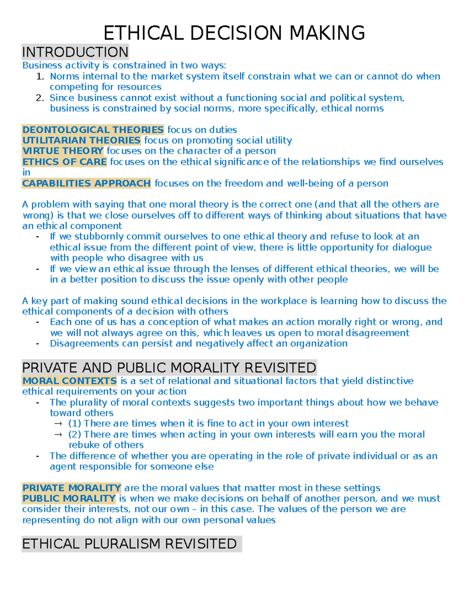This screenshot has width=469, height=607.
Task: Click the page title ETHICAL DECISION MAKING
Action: [234, 33]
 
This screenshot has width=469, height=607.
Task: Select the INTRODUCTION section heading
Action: [75, 52]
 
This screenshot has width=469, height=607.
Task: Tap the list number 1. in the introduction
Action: [40, 76]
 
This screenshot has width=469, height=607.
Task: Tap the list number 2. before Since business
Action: [40, 98]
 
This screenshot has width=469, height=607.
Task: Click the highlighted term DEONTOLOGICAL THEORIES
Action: [93, 130]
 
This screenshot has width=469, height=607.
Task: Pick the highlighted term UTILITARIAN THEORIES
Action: [81, 140]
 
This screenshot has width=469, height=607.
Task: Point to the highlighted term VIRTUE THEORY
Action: [63, 151]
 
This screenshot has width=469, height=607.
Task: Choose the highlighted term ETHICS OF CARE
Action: [64, 162]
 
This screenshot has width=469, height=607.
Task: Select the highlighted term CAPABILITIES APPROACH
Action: [86, 183]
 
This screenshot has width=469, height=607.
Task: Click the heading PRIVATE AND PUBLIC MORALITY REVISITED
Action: [169, 368]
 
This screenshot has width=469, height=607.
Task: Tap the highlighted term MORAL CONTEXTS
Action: [70, 381]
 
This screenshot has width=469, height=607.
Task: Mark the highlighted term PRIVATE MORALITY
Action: [72, 488]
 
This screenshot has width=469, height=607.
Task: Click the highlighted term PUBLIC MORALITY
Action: [69, 498]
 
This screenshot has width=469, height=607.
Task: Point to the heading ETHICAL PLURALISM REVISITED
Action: [129, 544]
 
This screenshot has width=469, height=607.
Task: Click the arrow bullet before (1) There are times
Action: [58, 424]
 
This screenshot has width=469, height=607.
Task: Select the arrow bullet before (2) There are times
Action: [58, 435]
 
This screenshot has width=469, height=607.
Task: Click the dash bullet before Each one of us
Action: [38, 322]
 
